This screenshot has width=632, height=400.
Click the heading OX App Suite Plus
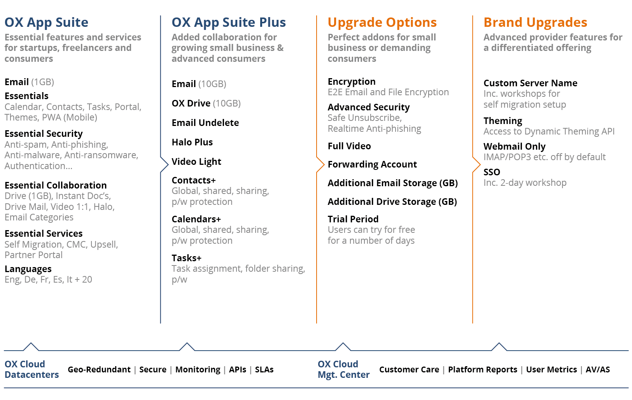[x=229, y=23]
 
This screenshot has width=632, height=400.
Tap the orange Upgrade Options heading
[x=382, y=23]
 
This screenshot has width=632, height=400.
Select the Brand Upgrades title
[x=535, y=22]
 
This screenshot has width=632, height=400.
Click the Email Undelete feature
[x=205, y=123]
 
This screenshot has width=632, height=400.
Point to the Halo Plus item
[x=192, y=142]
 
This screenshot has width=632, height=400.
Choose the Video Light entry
[x=196, y=162]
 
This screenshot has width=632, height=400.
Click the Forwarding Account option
[x=372, y=164]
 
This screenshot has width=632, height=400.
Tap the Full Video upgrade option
[x=349, y=146]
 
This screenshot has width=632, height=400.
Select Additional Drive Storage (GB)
[x=392, y=202]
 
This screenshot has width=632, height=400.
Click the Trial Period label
[x=353, y=219]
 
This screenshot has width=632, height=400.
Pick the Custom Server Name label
[x=530, y=83]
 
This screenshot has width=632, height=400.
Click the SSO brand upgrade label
[x=492, y=172]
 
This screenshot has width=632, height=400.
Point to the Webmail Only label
[x=514, y=147]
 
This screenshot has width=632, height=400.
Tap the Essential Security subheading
[x=44, y=134]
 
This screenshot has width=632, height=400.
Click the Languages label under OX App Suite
[x=28, y=269]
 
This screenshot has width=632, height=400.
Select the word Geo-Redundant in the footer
[x=99, y=370]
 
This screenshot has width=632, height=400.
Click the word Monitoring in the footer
[x=198, y=370]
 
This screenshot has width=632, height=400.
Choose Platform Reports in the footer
[x=483, y=370]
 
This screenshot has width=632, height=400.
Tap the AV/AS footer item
[x=597, y=370]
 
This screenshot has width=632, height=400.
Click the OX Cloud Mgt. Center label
[x=343, y=369]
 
